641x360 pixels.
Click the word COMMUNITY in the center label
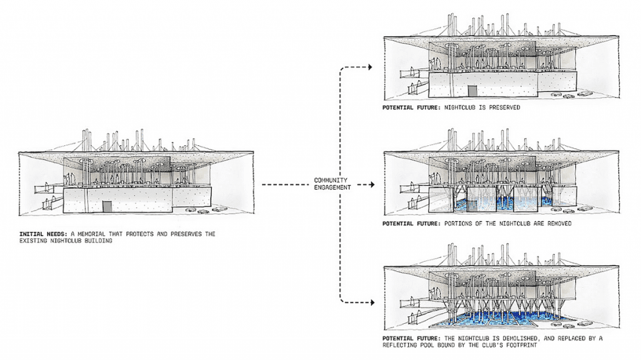pos(331,180)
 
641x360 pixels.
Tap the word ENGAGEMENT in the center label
pos(332,187)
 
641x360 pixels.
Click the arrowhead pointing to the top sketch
pos(371,67)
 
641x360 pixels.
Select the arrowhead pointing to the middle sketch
pos(372,185)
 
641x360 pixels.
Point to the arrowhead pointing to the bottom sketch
pos(372,303)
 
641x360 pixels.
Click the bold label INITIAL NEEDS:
pos(43,234)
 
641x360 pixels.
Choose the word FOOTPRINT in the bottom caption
pos(521,345)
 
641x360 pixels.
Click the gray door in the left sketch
pos(107,207)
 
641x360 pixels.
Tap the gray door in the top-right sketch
pos(473,91)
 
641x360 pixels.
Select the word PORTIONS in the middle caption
pos(458,224)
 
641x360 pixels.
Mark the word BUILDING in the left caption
pos(98,241)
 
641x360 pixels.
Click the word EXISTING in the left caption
pos(33,241)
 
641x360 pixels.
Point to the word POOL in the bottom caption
pos(427,345)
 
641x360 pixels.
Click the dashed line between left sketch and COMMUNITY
pos(285,185)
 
